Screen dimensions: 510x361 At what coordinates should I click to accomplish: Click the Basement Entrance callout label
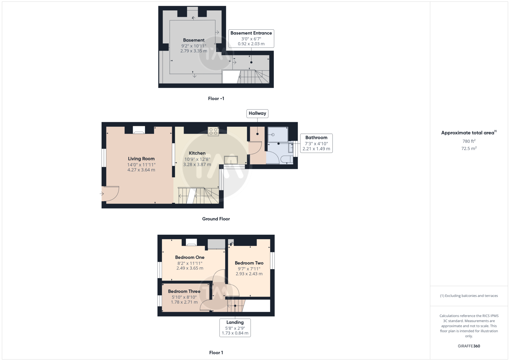pyautogui.click(x=251, y=39)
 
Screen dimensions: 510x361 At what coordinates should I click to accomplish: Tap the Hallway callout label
pyautogui.click(x=257, y=114)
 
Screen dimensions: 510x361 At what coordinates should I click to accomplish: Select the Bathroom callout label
pyautogui.click(x=316, y=143)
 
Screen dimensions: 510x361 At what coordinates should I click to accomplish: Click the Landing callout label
pyautogui.click(x=235, y=328)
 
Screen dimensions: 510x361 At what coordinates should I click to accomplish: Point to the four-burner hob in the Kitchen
pyautogui.click(x=213, y=131)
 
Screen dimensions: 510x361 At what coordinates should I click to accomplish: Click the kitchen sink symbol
pyautogui.click(x=231, y=160)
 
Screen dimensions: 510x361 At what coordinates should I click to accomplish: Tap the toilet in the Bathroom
pyautogui.click(x=287, y=159)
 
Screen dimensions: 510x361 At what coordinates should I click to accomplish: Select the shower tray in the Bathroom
pyautogui.click(x=278, y=135)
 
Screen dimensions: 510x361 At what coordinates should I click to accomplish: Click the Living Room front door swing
pyautogui.click(x=110, y=194)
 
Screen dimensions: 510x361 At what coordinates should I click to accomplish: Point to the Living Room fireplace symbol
pyautogui.click(x=139, y=130)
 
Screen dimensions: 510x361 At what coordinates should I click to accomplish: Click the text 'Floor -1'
pyautogui.click(x=216, y=99)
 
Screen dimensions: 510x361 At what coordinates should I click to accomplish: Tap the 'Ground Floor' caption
pyautogui.click(x=216, y=219)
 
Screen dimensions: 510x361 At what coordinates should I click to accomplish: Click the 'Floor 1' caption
pyautogui.click(x=216, y=353)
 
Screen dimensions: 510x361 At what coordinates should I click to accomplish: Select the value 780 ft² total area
pyautogui.click(x=469, y=141)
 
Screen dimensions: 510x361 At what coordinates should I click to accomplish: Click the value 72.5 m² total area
pyautogui.click(x=469, y=149)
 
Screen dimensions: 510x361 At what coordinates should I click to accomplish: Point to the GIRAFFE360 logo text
pyautogui.click(x=469, y=346)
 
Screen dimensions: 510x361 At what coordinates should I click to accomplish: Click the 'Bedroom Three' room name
pyautogui.click(x=184, y=291)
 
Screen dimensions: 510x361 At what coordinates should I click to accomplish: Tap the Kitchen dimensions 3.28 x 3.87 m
pyautogui.click(x=197, y=165)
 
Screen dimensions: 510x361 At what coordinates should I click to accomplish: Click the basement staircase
pyautogui.click(x=253, y=77)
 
